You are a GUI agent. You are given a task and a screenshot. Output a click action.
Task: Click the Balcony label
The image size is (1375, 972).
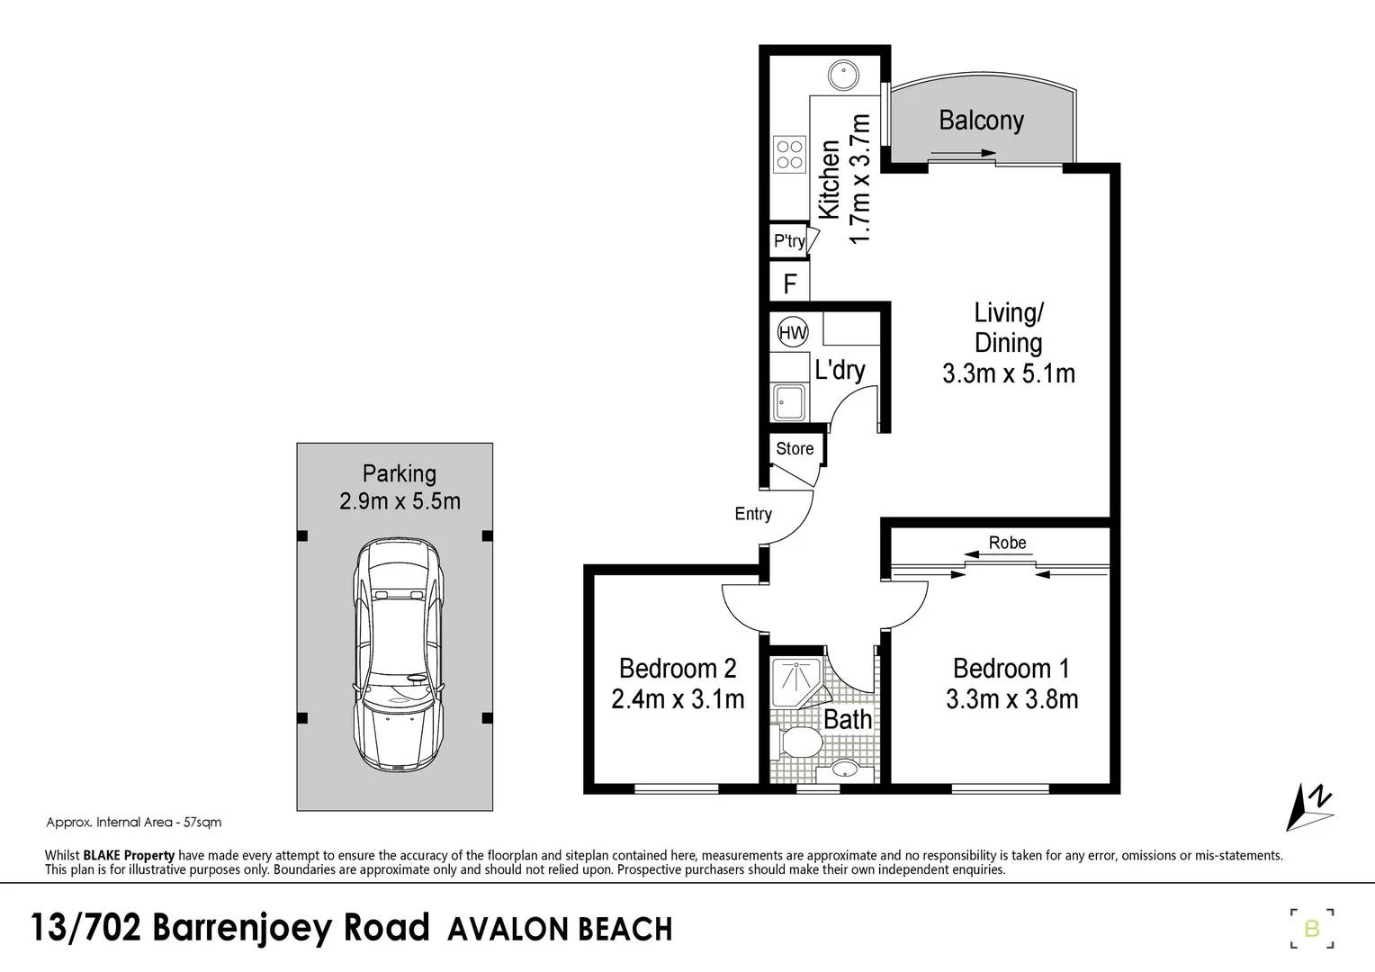[x=981, y=121]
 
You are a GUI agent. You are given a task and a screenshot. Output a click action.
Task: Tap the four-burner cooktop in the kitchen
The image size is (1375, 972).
[x=789, y=154]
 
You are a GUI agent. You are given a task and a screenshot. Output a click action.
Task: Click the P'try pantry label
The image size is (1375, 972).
[x=789, y=241]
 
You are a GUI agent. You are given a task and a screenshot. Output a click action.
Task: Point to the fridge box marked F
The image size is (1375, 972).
[x=789, y=284]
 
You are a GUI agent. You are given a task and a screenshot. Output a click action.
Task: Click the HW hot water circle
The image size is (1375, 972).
[x=793, y=333]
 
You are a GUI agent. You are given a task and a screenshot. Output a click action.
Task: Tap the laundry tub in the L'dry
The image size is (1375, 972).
[x=789, y=401]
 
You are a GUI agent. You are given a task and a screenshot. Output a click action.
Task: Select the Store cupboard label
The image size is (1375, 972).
[x=795, y=448]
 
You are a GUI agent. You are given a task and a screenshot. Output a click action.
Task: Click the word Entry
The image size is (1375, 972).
[x=753, y=514]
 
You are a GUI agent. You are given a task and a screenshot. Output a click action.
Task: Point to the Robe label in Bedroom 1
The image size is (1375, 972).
[x=1007, y=543]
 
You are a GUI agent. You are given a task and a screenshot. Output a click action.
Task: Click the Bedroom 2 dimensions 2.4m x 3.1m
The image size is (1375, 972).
[x=678, y=699]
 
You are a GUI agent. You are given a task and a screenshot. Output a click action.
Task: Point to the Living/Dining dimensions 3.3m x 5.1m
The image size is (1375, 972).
[x=1009, y=373]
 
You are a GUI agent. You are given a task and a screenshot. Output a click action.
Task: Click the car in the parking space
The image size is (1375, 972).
[x=397, y=655]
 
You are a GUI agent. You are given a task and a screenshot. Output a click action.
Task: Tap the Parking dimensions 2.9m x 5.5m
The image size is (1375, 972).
[x=400, y=501]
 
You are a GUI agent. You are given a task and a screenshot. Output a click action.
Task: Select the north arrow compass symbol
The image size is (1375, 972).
[x=1309, y=806]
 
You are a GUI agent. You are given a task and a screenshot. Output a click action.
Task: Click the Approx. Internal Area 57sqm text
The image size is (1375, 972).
[x=133, y=822]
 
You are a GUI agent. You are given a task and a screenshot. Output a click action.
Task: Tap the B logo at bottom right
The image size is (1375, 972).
[x=1311, y=928]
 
